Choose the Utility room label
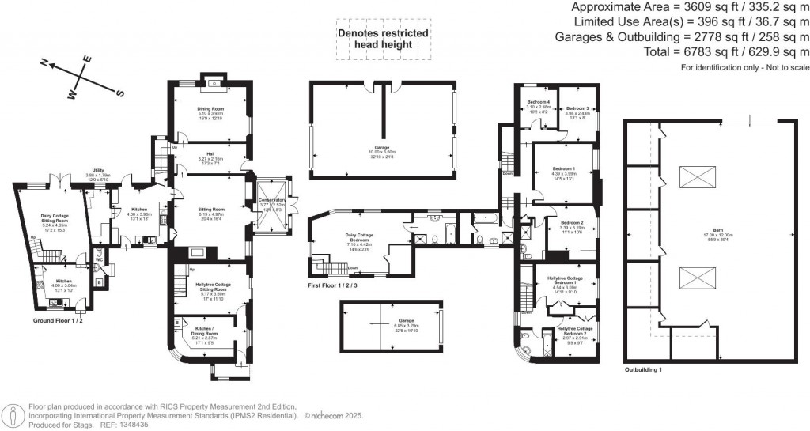point(98,170)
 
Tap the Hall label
point(210,154)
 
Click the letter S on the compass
point(121,93)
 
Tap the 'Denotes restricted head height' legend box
point(384,40)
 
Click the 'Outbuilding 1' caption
point(642,370)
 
